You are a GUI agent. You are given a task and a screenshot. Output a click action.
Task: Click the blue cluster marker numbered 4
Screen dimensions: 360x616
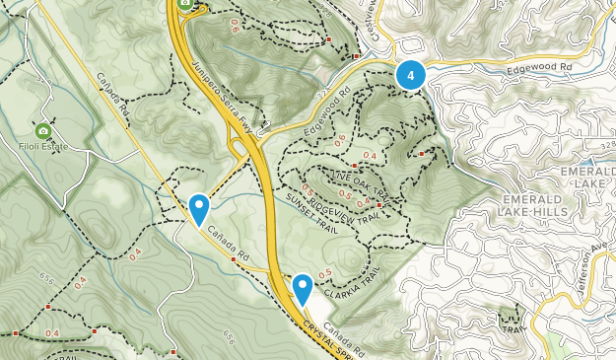[x=411, y=75]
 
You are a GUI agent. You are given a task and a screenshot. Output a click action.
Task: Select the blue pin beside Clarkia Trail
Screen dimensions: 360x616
[x=303, y=289]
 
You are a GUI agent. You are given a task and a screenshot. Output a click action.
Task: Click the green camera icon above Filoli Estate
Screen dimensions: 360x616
[x=42, y=131]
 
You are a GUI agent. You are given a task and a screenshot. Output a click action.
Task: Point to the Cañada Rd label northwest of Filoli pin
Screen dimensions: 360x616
[x=112, y=95]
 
